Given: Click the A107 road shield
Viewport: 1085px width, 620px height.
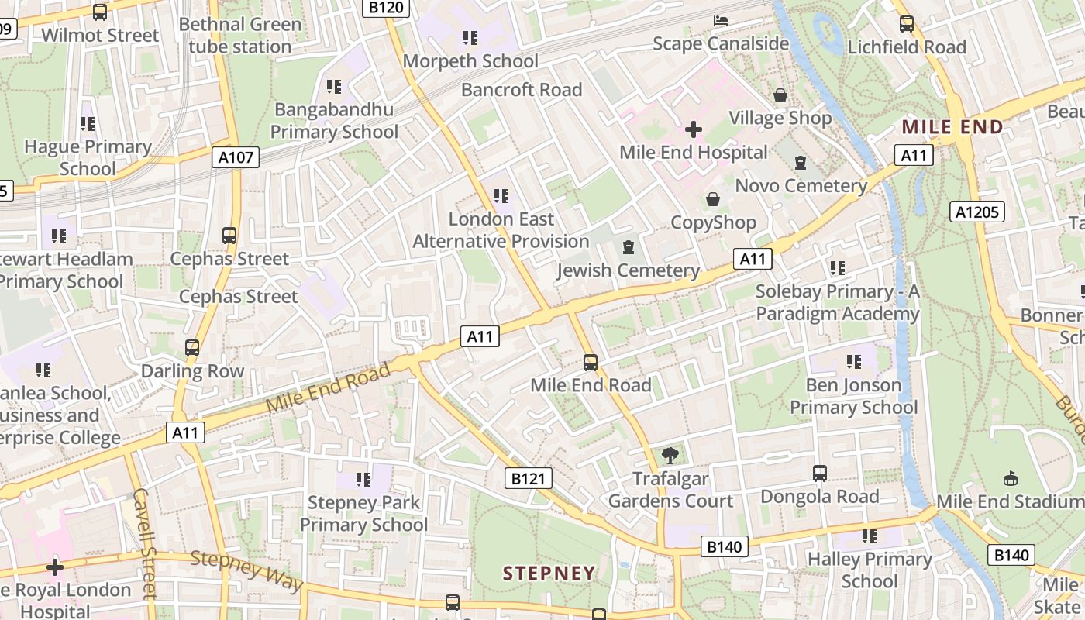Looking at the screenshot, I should pos(236,157).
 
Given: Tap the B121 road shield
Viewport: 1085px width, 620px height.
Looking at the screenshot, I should pos(529,479).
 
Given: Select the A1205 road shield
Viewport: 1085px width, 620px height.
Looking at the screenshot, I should pos(977,212).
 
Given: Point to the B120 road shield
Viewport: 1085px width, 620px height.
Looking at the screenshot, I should pos(385,8).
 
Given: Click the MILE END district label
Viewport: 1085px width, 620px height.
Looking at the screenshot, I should pos(952,127).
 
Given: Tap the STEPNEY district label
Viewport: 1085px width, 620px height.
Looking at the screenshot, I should pos(549,573).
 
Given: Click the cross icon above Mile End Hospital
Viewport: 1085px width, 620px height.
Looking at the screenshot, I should pos(694,129).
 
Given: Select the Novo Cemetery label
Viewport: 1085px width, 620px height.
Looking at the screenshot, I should pos(801,185).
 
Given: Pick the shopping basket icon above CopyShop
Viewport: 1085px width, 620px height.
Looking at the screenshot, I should pos(713,200).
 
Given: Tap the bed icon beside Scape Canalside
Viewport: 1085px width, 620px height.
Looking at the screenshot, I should pos(722,20).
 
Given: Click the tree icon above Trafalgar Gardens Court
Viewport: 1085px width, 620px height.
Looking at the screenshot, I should pos(670,456).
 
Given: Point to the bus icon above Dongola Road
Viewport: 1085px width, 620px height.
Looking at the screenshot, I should pos(819,473).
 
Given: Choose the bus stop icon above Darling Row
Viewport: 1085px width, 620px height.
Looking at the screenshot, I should pos(192,348).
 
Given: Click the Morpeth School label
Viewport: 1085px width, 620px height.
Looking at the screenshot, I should pos(470,60).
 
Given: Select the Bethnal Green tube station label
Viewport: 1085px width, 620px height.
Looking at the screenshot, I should pos(240,36).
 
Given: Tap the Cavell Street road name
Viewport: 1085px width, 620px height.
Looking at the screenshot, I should pos(145,542).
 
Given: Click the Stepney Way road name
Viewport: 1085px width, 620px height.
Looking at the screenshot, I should pos(247,570).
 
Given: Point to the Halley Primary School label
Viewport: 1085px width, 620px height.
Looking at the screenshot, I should pos(870,570).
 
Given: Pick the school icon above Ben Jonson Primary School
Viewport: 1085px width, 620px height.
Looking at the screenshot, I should pos(854,361).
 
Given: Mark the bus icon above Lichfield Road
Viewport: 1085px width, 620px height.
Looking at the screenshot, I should pos(907,23).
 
